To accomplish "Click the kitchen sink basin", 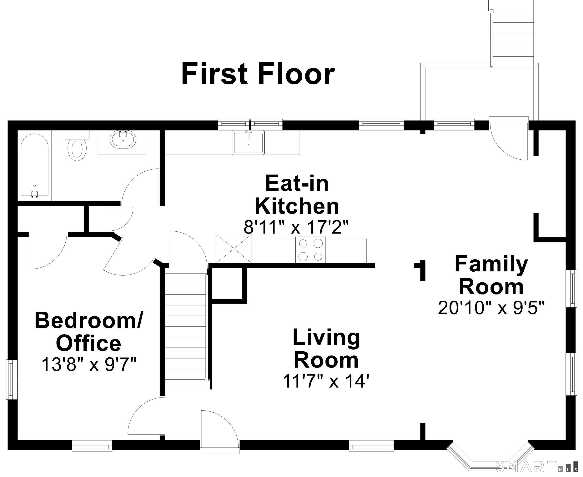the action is (x=248, y=142).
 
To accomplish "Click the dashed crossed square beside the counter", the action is (x=234, y=248).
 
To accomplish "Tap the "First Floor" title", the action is (x=258, y=74).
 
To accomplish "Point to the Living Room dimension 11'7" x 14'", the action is (x=326, y=381).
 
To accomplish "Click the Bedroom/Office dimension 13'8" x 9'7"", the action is (x=89, y=364).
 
